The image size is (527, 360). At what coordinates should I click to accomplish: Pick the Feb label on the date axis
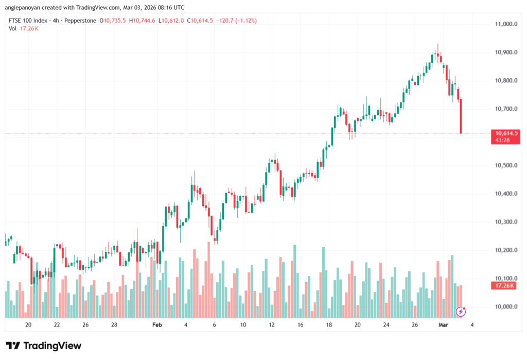(x=157, y=325)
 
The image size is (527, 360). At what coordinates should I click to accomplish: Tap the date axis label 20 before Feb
(x=28, y=325)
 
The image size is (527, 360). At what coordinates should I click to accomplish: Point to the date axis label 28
(x=114, y=325)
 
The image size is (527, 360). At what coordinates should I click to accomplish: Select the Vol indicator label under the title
(x=12, y=28)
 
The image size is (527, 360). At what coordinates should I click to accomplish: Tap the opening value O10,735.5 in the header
(x=114, y=21)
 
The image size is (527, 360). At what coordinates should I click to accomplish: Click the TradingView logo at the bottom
(x=43, y=346)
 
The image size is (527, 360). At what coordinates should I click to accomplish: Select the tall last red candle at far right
(x=461, y=116)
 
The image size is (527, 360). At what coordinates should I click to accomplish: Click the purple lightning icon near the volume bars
(x=461, y=311)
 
